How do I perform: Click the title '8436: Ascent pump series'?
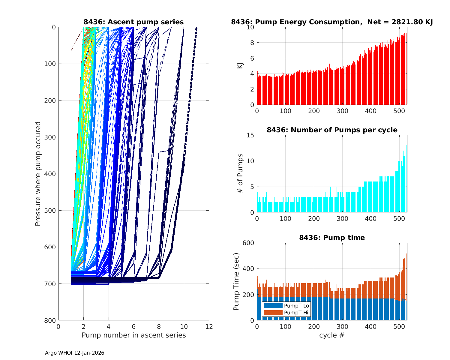pos(133,22)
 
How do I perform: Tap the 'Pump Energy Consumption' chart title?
pos(332,22)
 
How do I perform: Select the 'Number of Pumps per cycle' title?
pos(332,130)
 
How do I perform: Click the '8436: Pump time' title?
pos(332,238)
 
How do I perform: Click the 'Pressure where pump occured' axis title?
pos(38,173)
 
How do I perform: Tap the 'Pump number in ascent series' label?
pos(133,335)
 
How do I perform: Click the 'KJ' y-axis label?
pos(240,66)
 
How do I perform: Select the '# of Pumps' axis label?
pos(240,173)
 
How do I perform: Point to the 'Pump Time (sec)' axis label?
pos(236,281)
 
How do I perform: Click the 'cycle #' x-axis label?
pos(332,335)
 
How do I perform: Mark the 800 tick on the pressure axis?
pos(50,320)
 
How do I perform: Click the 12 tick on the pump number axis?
pos(209,326)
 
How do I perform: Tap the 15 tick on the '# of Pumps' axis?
pos(250,135)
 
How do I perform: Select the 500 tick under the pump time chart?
pos(399,326)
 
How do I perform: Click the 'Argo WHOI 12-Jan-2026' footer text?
pos(75,353)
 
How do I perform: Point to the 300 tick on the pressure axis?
pos(50,137)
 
